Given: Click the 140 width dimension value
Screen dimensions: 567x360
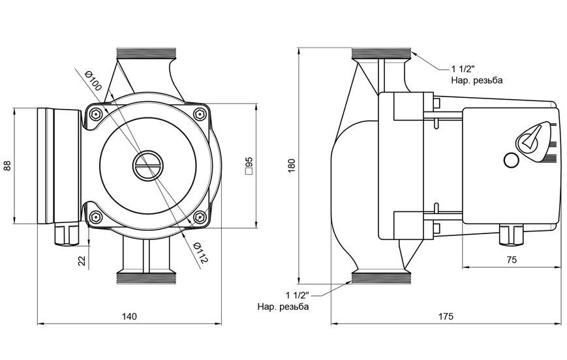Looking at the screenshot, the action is pyautogui.click(x=129, y=316).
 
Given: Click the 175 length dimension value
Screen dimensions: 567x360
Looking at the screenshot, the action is pyautogui.click(x=446, y=316).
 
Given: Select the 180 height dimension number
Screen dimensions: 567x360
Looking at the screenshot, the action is pyautogui.click(x=292, y=165).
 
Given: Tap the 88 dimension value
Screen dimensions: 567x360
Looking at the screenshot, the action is pyautogui.click(x=8, y=166).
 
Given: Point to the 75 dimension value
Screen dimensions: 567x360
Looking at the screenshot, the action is pyautogui.click(x=512, y=260).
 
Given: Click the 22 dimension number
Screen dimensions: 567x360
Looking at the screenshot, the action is pyautogui.click(x=83, y=260).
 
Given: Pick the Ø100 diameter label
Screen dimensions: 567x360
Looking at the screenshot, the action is pyautogui.click(x=93, y=81).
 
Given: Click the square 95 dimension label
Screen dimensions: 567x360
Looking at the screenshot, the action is pyautogui.click(x=249, y=166).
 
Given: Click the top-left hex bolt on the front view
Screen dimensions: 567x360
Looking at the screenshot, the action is pyautogui.click(x=95, y=114).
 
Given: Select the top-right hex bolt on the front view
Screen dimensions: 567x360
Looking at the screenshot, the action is pyautogui.click(x=200, y=114).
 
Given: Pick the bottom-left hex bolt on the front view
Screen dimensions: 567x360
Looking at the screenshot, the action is pyautogui.click(x=95, y=218).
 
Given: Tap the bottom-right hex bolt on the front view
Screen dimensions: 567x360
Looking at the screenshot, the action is pyautogui.click(x=200, y=218).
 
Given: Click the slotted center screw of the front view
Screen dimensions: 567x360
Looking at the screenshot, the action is pyautogui.click(x=147, y=166).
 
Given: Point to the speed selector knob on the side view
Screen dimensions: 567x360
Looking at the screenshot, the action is pyautogui.click(x=530, y=139).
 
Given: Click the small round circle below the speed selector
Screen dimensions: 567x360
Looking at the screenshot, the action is pyautogui.click(x=512, y=160).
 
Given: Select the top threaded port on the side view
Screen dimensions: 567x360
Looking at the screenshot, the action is pyautogui.click(x=381, y=54).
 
